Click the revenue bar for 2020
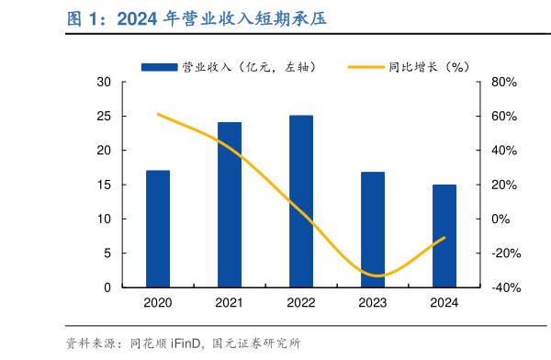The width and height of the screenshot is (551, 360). pos(157,229)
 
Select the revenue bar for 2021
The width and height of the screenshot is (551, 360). pos(229,205)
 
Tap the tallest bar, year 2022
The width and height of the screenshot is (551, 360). pos(300,201)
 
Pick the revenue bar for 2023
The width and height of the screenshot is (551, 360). pos(372,230)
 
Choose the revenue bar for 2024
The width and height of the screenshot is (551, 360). pos(444,236)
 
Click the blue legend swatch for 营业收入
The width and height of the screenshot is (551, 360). pos(159,67)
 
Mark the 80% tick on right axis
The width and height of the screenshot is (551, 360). pos(505,82)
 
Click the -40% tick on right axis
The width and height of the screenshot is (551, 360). pos(505,287)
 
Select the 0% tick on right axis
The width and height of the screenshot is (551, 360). pos(501,219)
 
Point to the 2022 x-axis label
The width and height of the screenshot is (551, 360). pos(300,302)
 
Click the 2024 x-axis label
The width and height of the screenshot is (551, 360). pos(444,302)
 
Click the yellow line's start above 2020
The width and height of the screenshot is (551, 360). pos(158,114)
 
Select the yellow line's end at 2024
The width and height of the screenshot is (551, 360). pos(444,237)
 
